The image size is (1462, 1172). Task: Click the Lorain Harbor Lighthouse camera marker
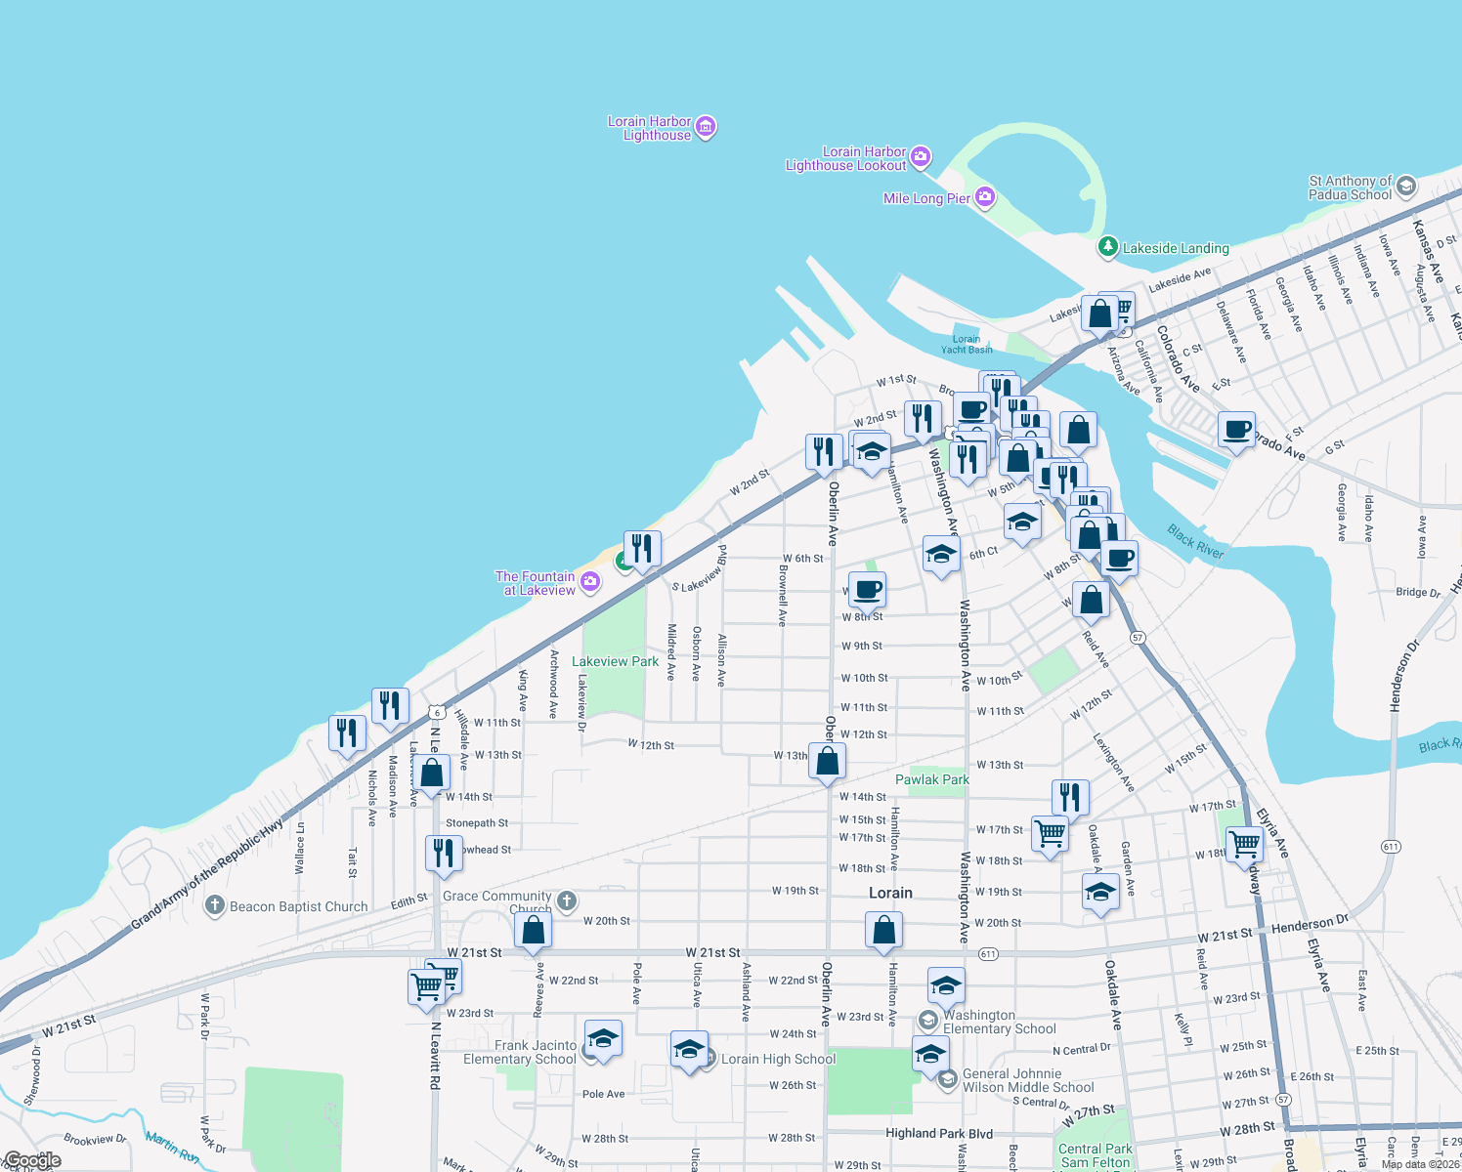(706, 127)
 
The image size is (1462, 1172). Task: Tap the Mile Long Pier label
(926, 198)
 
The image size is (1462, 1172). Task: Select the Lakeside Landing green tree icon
(1107, 247)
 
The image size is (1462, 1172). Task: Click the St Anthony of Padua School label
(1351, 188)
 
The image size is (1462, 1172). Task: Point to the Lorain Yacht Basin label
(966, 344)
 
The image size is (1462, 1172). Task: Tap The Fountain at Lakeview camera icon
(590, 582)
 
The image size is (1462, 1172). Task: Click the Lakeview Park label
(615, 661)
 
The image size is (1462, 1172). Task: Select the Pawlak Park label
(932, 779)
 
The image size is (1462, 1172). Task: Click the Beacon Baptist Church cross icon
(215, 905)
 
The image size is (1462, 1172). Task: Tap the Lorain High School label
(778, 1059)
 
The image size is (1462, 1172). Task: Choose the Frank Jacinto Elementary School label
(520, 1052)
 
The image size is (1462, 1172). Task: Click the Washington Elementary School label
(999, 1022)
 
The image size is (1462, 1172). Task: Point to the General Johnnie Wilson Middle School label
(1028, 1080)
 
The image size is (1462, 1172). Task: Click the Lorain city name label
(890, 893)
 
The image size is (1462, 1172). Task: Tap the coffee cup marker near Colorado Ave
(1236, 430)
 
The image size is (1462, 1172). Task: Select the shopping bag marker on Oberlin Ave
(827, 761)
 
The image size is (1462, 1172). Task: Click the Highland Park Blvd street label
(938, 1133)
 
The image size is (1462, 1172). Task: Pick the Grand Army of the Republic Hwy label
(207, 872)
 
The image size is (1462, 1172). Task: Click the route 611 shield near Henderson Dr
(1391, 846)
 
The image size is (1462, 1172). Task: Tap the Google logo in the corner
(31, 1161)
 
